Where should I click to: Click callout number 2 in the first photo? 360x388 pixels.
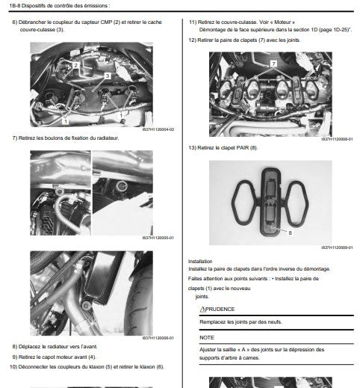[75, 65]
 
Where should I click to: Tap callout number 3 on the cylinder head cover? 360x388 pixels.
[108, 76]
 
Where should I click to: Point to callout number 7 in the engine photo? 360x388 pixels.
[273, 64]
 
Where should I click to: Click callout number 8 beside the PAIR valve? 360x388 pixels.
[290, 233]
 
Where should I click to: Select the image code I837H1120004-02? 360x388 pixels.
[158, 129]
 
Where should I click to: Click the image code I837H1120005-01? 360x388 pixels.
[158, 238]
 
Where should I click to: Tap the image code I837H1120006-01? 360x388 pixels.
[158, 338]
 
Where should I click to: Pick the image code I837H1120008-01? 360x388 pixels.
[337, 139]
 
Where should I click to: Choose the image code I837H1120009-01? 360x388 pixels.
[337, 247]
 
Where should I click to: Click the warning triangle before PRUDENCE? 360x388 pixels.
[202, 309]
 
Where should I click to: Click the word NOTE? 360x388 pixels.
[207, 337]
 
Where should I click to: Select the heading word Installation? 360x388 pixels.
[200, 261]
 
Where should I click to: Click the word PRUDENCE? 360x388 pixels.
[220, 309]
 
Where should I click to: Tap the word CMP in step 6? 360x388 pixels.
[106, 22]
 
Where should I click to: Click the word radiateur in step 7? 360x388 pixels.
[108, 138]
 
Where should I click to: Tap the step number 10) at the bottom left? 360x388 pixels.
[13, 367]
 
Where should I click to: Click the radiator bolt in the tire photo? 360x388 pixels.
[87, 306]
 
